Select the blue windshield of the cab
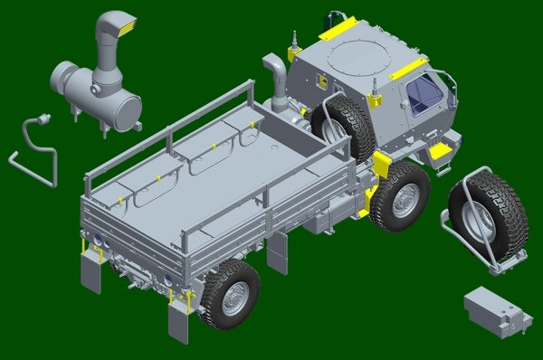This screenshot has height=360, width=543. click(x=424, y=94)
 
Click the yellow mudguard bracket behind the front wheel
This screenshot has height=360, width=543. click(x=380, y=166)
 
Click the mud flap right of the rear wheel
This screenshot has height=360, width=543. click(x=277, y=254)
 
